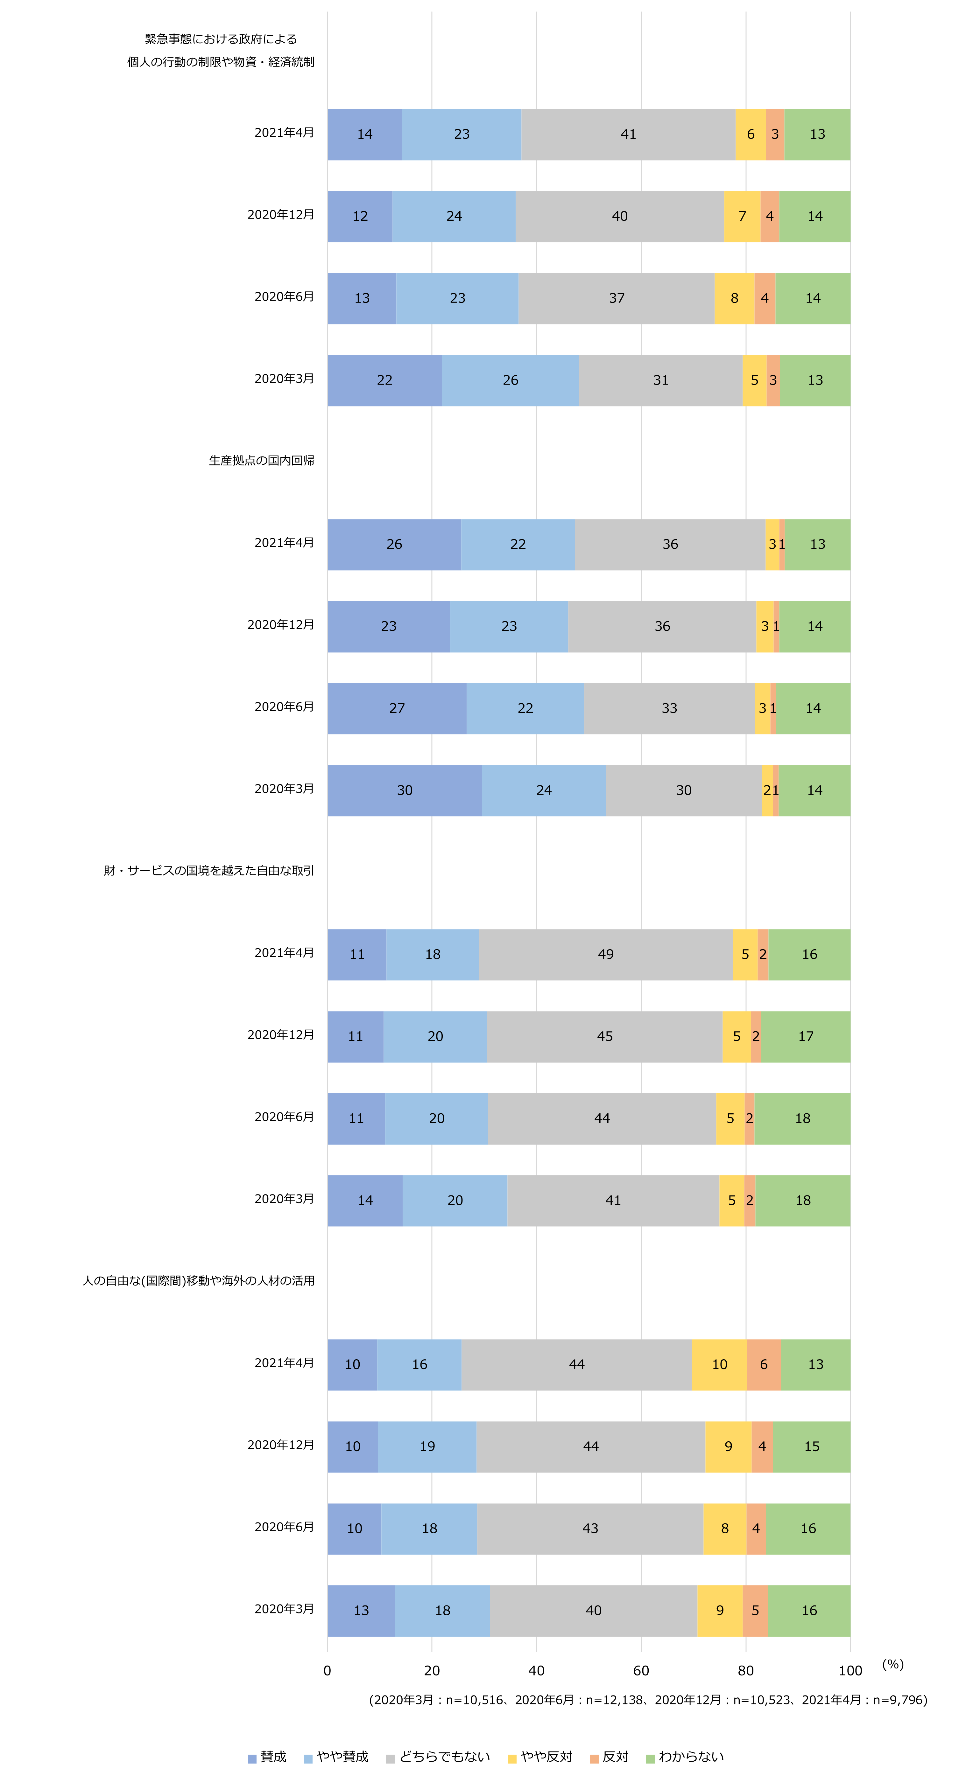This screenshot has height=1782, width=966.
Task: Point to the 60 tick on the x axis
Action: [641, 1671]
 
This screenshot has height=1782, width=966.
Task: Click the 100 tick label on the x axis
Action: [850, 1671]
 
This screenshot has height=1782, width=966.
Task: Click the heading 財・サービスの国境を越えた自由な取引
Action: [209, 870]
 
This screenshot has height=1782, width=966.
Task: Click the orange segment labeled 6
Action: [763, 1364]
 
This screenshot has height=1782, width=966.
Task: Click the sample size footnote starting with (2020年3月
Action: [648, 1700]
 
